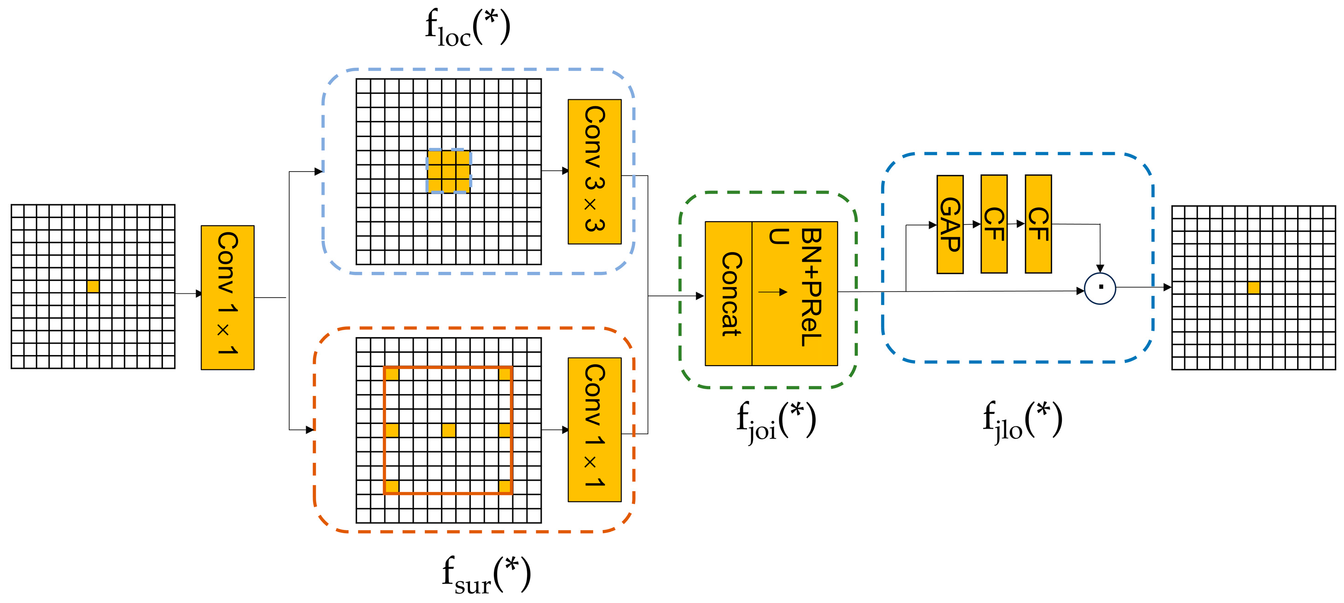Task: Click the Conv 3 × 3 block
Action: click(x=594, y=172)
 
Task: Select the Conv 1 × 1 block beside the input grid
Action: click(x=227, y=297)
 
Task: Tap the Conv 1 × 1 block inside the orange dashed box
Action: click(x=594, y=430)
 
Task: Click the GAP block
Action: click(x=950, y=224)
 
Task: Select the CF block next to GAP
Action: click(x=993, y=224)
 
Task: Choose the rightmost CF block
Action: click(x=1038, y=224)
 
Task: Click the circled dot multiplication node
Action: click(x=1100, y=287)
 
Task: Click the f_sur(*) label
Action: click(x=486, y=574)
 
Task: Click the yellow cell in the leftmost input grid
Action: click(x=93, y=286)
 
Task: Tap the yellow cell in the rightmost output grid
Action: click(x=1253, y=287)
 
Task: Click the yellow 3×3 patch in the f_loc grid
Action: click(x=449, y=171)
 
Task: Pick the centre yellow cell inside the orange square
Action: click(x=448, y=430)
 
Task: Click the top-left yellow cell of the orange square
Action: click(x=392, y=373)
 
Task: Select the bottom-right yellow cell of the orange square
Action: click(x=504, y=486)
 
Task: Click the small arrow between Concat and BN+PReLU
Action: click(x=773, y=292)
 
